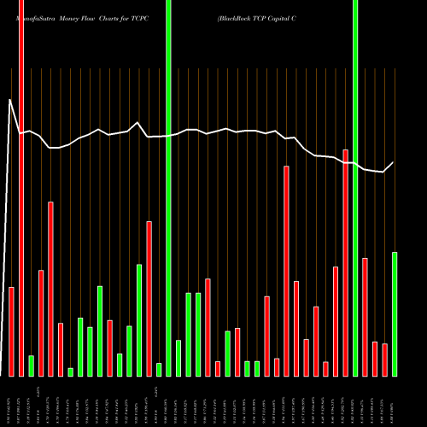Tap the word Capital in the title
tap(295, 17)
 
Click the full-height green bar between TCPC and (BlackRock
tap(169, 188)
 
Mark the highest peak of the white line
tap(10, 101)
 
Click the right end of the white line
tap(394, 162)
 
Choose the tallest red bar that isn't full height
tap(346, 263)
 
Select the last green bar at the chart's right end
tap(395, 313)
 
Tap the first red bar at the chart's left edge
tap(12, 331)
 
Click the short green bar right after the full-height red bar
tap(32, 366)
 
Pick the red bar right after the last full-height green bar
tap(366, 317)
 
